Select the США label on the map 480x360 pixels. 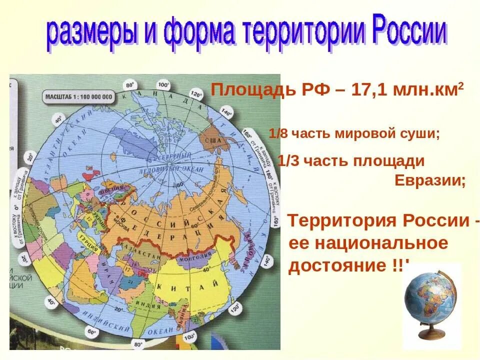click(x=213, y=140)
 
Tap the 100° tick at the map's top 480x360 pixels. click(x=163, y=84)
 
